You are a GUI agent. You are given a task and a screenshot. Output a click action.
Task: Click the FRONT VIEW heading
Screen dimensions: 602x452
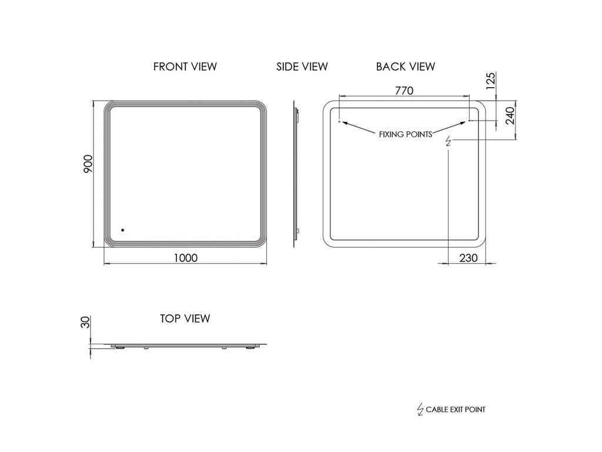(x=185, y=67)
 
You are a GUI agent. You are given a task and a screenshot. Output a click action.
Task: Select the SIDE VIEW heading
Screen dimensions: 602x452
(x=302, y=67)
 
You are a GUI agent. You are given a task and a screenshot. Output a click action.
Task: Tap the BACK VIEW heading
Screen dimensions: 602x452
(x=406, y=67)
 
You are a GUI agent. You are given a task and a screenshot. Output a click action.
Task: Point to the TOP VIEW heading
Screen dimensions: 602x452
(x=185, y=318)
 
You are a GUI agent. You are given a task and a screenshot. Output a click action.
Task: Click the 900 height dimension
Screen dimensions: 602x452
(x=88, y=164)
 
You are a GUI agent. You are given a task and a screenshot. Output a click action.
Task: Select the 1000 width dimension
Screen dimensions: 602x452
(x=185, y=258)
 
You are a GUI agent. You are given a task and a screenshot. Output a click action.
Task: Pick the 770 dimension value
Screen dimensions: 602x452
(x=404, y=91)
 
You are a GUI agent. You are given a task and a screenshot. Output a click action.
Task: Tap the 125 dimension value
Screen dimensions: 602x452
(x=491, y=81)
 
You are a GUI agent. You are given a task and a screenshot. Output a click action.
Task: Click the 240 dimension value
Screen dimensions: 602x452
(x=510, y=116)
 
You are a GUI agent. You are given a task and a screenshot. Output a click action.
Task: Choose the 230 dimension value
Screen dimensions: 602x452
(x=469, y=258)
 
